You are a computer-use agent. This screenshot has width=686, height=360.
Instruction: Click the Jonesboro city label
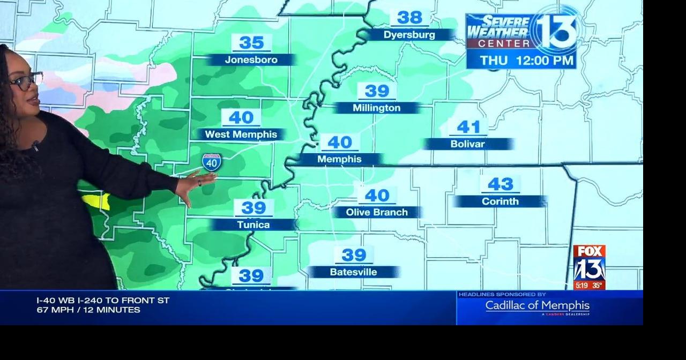coord(251,60)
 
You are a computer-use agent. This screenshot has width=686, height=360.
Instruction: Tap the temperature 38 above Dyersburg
coord(409,18)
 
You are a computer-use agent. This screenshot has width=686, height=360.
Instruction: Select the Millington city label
coord(376,108)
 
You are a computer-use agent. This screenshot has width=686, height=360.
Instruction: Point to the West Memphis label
coord(241,134)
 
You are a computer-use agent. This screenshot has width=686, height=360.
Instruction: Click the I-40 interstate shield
coord(212,162)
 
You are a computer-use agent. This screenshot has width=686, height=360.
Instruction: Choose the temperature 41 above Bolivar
coord(468,127)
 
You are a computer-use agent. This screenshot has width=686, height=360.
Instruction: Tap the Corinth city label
coord(500,202)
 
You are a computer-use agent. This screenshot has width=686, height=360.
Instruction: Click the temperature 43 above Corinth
coord(500,184)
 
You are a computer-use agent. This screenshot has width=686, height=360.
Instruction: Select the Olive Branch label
coord(377,213)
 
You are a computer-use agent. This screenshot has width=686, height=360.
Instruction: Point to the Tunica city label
coord(253,225)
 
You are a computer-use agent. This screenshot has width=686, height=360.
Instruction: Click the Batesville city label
coord(353,272)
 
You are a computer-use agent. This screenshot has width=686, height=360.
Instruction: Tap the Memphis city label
coord(339,160)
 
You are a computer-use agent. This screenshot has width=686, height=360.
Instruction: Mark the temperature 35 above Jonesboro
coord(251,42)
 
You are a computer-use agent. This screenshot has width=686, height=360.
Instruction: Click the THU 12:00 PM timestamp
coord(526,61)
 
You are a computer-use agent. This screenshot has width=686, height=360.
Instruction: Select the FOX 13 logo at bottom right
coord(589,267)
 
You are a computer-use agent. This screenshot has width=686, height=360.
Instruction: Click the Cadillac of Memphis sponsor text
coord(537,306)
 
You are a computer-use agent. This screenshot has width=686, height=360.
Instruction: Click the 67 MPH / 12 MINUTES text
coord(88,310)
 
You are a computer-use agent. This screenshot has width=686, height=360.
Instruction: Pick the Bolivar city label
coord(468,144)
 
